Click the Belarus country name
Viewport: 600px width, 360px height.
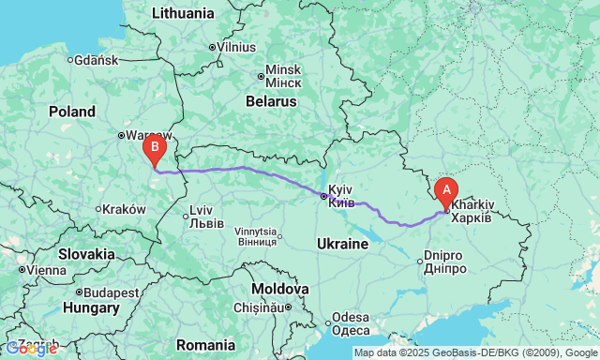click(271, 99)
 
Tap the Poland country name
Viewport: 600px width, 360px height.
click(72, 112)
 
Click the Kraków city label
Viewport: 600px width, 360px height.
click(123, 209)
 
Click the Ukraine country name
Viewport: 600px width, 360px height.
click(342, 244)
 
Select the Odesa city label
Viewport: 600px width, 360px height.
click(351, 323)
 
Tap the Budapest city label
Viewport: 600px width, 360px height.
click(109, 292)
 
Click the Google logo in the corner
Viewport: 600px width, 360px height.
click(30, 349)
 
